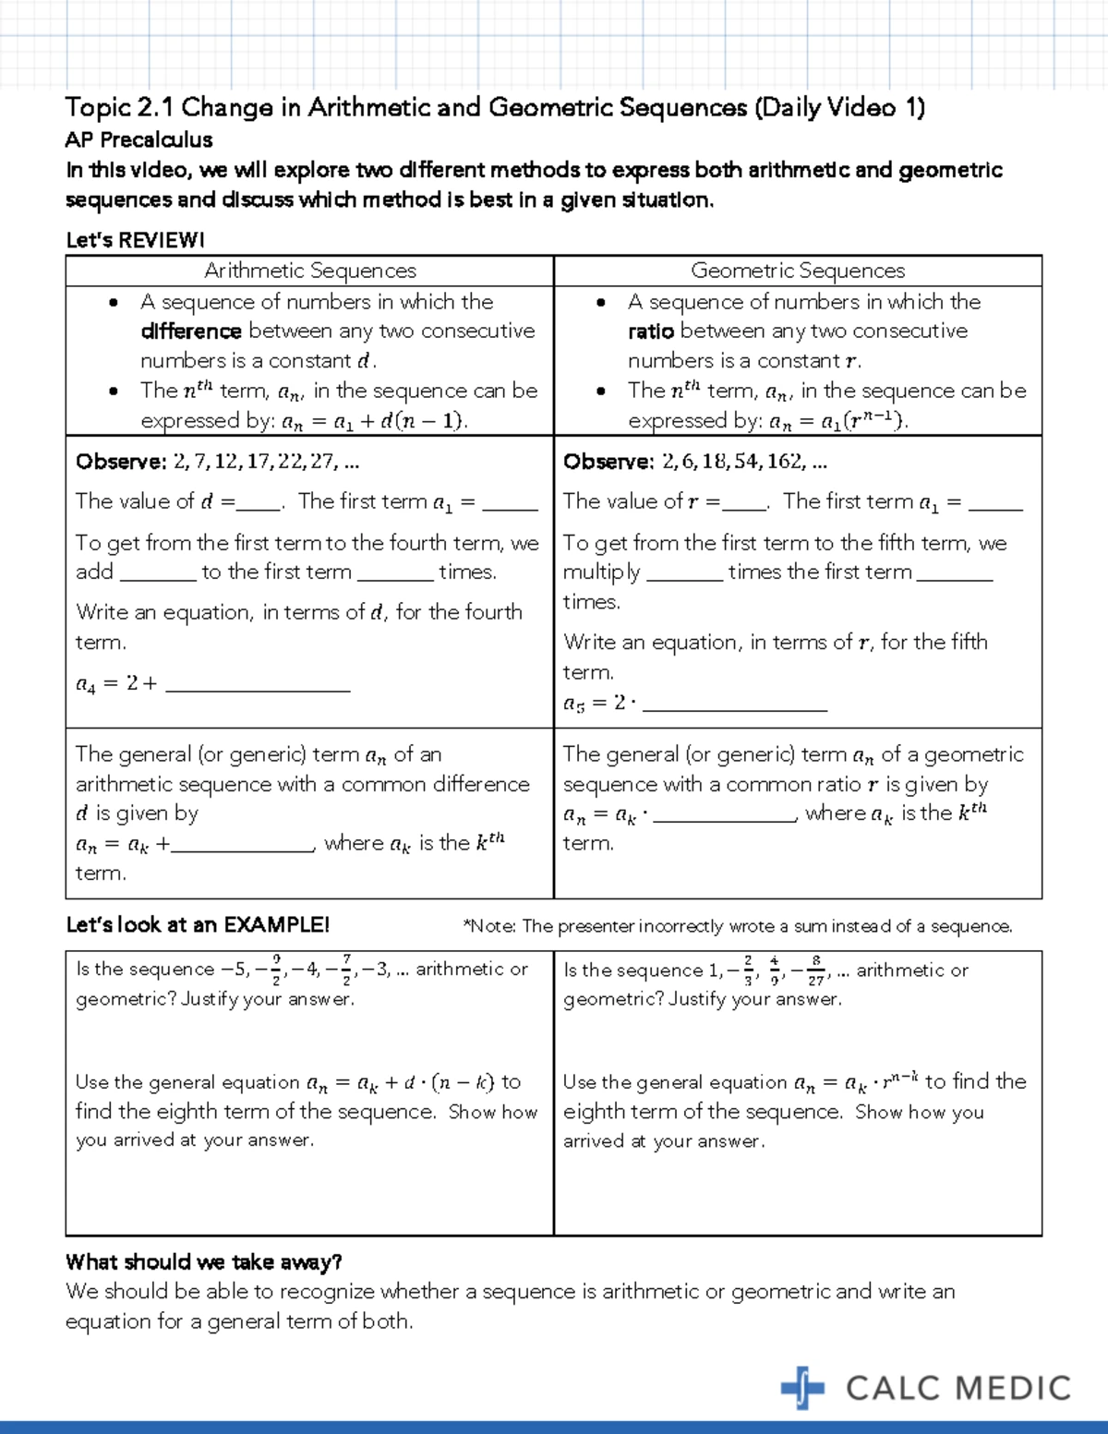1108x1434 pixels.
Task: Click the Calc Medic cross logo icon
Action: (x=802, y=1388)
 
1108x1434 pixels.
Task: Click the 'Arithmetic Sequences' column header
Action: (x=309, y=271)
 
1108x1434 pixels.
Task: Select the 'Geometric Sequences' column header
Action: (x=798, y=271)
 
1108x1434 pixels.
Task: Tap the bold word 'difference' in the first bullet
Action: (x=191, y=331)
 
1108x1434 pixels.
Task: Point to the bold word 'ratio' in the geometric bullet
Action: (x=651, y=331)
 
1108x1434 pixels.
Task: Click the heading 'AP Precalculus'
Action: (x=138, y=139)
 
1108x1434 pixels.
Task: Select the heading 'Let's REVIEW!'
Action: (x=135, y=240)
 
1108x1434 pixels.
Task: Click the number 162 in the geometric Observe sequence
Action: (x=784, y=462)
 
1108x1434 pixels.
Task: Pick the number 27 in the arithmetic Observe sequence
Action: (x=322, y=462)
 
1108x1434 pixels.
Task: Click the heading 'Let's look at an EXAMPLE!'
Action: (x=197, y=924)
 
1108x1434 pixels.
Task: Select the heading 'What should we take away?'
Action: (x=204, y=1261)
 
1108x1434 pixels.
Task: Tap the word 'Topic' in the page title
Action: (x=98, y=108)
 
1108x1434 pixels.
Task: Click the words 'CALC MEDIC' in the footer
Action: (x=958, y=1389)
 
